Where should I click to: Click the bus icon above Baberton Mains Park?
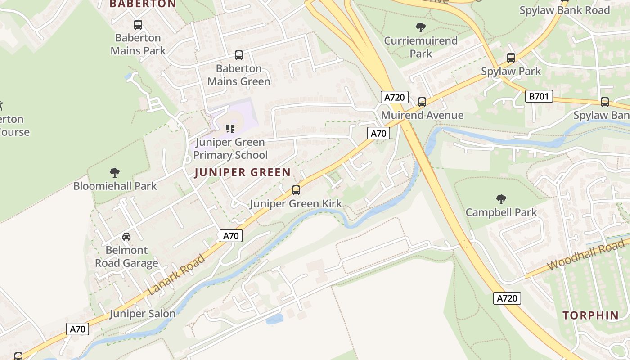(138, 25)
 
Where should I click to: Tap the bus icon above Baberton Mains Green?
(239, 55)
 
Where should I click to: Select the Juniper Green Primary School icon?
(230, 129)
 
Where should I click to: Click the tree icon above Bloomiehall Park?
(115, 172)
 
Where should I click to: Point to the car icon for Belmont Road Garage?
(126, 237)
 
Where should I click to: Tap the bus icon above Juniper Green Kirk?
(296, 190)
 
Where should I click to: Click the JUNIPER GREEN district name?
(243, 172)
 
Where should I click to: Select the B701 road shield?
(539, 96)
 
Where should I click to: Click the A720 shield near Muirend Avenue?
(394, 97)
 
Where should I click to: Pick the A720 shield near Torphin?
(507, 298)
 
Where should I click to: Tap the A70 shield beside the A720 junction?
(378, 133)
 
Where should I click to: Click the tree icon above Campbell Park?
(501, 199)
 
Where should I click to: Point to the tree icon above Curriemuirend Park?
(421, 27)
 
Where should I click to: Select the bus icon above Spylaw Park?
(511, 58)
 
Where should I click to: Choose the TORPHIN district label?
(591, 315)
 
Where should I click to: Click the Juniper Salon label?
(142, 314)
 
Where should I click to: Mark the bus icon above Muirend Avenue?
(422, 102)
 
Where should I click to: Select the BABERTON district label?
(143, 4)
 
